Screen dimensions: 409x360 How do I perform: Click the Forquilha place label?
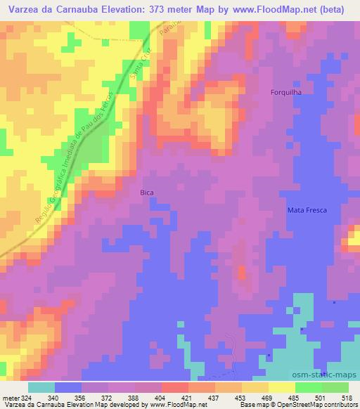[286, 92]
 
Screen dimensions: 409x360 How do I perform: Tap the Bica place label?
[146, 191]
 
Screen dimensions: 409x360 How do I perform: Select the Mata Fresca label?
[307, 210]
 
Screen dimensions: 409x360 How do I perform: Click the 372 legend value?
[107, 396]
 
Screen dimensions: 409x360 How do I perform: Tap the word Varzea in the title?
[25, 11]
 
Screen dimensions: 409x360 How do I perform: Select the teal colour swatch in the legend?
[42, 387]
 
